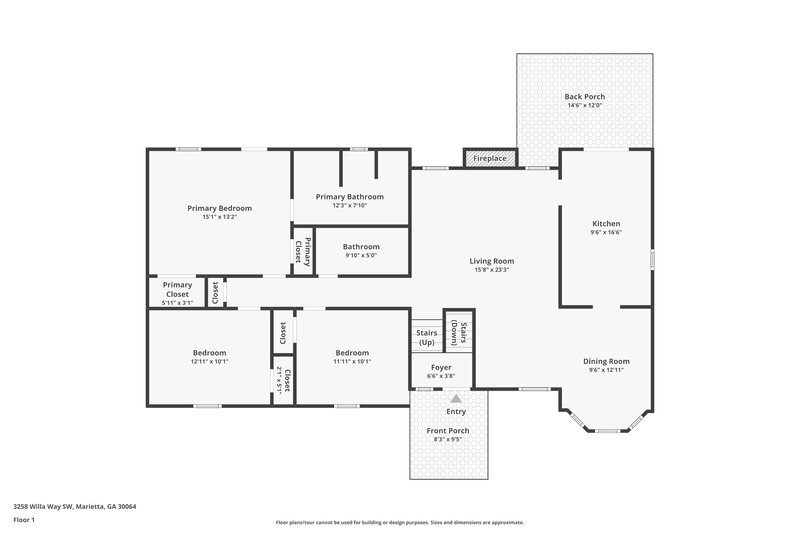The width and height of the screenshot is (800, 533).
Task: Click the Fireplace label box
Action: coord(489,159)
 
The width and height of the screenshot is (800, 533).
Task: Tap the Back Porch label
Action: coord(584,97)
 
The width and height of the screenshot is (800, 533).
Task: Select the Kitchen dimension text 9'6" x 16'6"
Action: coord(606,232)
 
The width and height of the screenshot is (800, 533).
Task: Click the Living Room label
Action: coord(491,261)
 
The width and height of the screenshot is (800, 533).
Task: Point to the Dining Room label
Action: coord(606,361)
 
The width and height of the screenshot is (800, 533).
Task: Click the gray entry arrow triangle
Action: coord(456,398)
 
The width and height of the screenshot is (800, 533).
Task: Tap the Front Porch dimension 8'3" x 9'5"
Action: coord(450,439)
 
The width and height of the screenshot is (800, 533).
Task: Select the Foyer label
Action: coord(441,367)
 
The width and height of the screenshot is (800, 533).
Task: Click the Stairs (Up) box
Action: coord(426,338)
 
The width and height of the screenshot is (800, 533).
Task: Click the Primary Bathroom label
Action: coord(349,197)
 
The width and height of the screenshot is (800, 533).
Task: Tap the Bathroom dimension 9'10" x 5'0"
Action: coord(361,255)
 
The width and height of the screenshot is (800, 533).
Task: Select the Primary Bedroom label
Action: coord(219,208)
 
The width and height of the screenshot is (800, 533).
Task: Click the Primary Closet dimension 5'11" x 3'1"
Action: coord(177,302)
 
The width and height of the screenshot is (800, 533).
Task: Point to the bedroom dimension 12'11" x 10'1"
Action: coord(209,361)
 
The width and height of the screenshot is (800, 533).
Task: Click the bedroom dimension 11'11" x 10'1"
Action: coord(351,361)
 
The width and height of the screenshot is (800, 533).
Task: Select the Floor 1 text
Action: coord(24,520)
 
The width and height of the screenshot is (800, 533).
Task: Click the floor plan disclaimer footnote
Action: coord(399,522)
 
